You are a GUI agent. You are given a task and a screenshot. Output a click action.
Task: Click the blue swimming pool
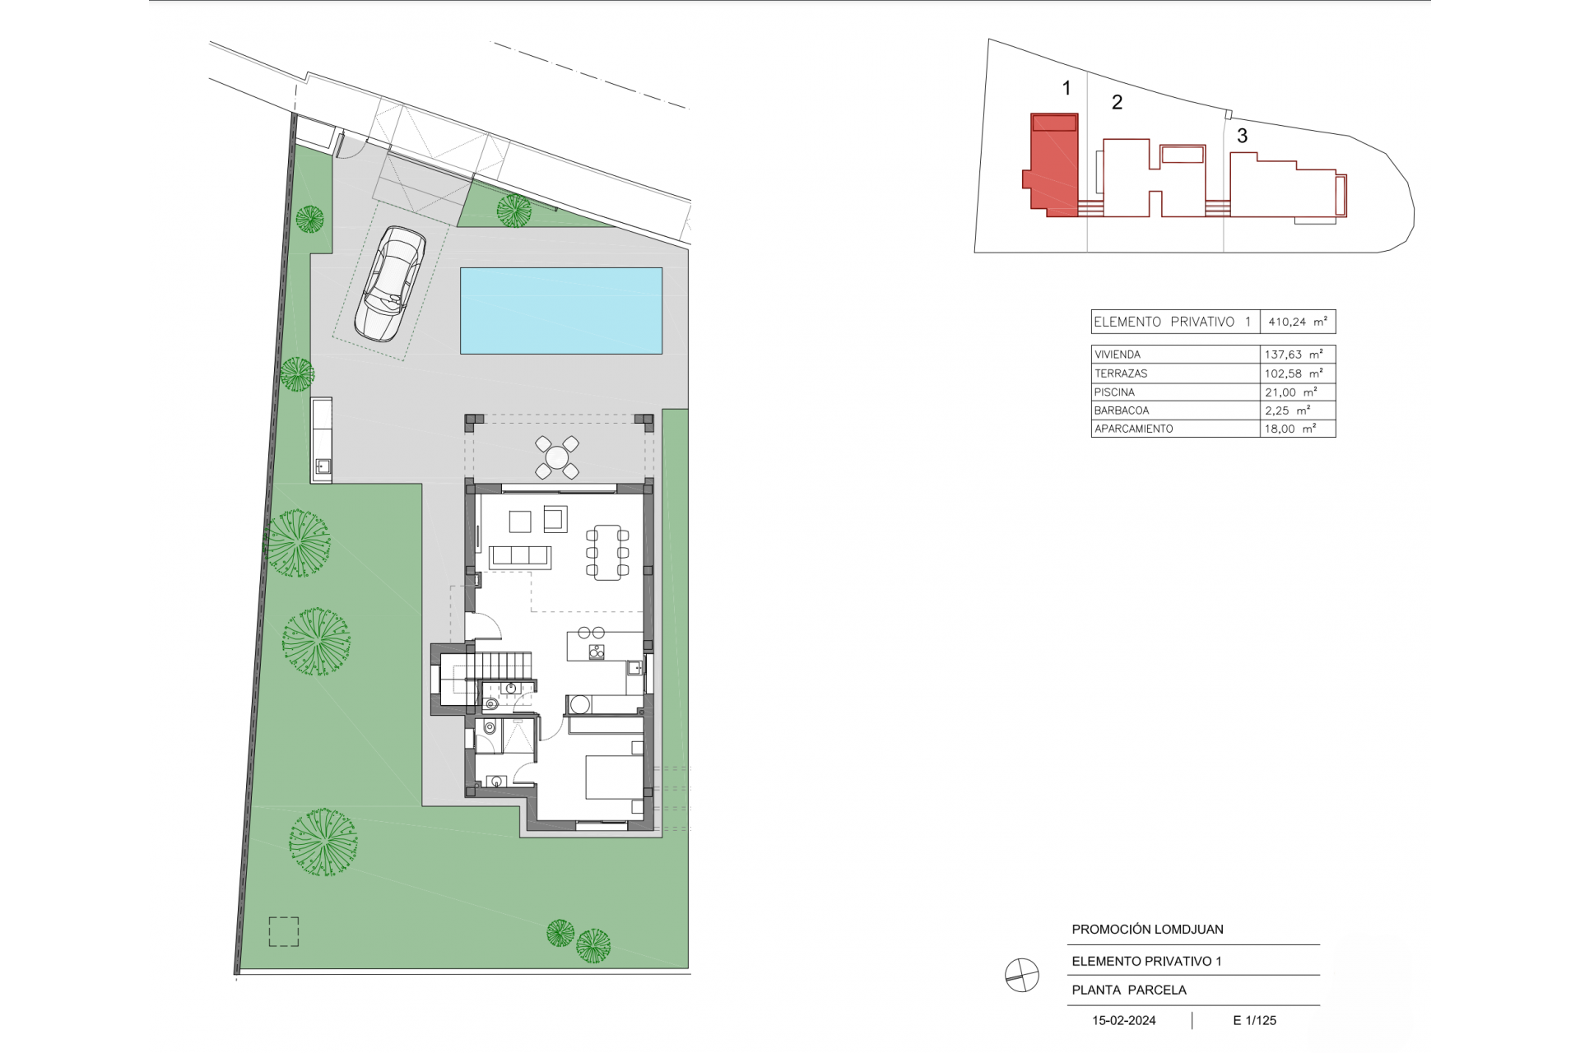(561, 310)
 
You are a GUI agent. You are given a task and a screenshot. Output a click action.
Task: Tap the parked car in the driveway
(390, 284)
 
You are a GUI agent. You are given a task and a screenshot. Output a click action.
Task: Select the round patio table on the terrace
(557, 457)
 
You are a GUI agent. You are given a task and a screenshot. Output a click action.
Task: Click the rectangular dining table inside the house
(608, 552)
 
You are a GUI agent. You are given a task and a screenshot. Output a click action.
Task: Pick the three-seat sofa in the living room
(520, 557)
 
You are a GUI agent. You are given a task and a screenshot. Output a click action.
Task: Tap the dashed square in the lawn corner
(284, 931)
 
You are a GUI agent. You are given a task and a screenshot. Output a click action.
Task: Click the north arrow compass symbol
(1021, 976)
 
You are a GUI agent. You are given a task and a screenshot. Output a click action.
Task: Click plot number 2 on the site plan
(1117, 102)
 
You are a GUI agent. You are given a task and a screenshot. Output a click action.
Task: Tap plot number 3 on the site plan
(1242, 136)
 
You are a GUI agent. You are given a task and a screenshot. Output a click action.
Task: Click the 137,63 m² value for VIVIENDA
(1294, 355)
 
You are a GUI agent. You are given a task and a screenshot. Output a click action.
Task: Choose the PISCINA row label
(1114, 392)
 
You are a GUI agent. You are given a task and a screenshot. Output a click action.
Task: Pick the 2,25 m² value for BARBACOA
(1287, 411)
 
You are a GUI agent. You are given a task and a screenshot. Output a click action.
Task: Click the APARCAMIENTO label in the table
(1133, 429)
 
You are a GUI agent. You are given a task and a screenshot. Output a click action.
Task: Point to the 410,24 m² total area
(1298, 322)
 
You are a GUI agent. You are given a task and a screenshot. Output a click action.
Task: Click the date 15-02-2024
(1123, 1020)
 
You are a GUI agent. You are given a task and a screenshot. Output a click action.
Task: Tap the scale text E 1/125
(1254, 1020)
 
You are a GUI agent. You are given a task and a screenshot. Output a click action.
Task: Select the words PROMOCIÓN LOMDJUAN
(1147, 930)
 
